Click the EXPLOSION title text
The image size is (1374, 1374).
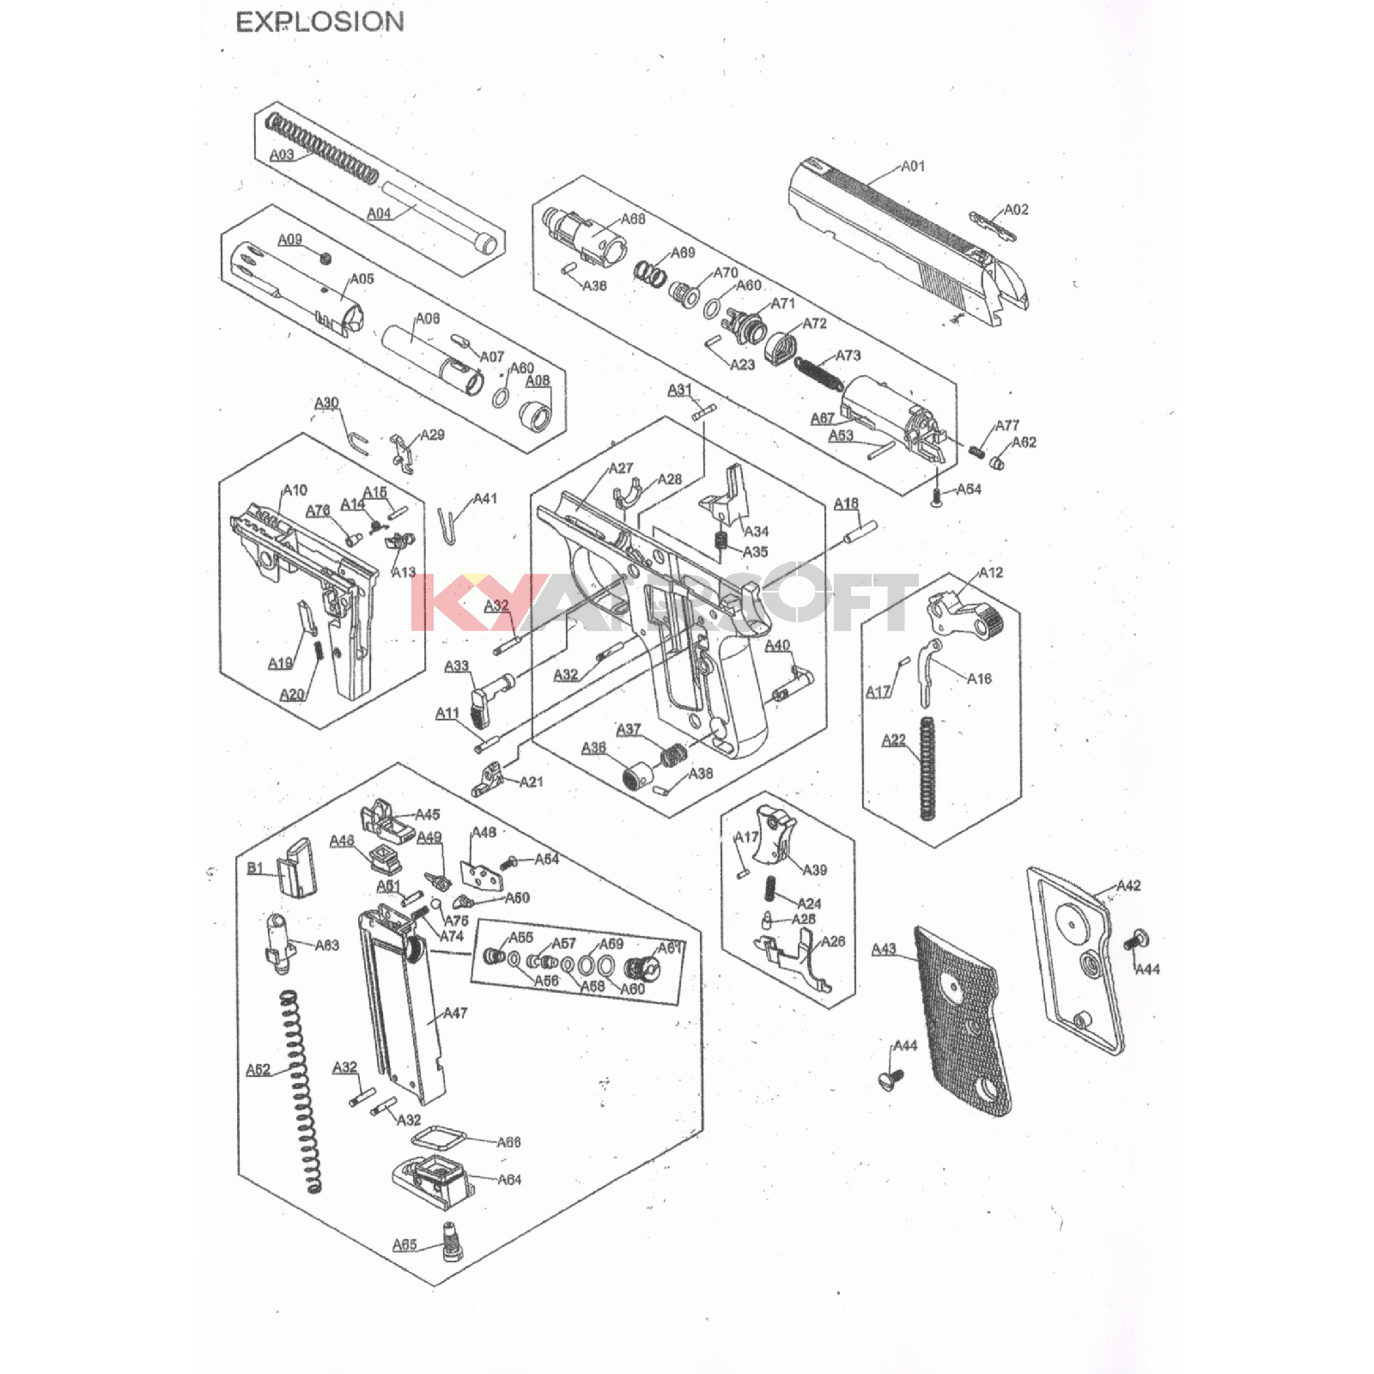tap(319, 22)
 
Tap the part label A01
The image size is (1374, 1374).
tap(913, 166)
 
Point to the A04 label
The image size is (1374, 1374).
tap(379, 213)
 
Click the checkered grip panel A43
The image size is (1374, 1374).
tap(962, 1022)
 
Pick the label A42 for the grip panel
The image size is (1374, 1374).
tap(1128, 885)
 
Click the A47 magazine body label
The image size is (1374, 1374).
tap(455, 1013)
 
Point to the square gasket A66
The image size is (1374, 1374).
tap(438, 1140)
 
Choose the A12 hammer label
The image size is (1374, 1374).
tap(991, 573)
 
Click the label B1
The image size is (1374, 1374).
tap(255, 868)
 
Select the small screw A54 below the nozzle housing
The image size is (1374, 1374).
tap(937, 495)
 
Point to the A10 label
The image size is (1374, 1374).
tap(295, 490)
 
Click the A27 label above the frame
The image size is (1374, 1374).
tap(621, 468)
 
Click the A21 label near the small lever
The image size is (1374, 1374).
tap(532, 781)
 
